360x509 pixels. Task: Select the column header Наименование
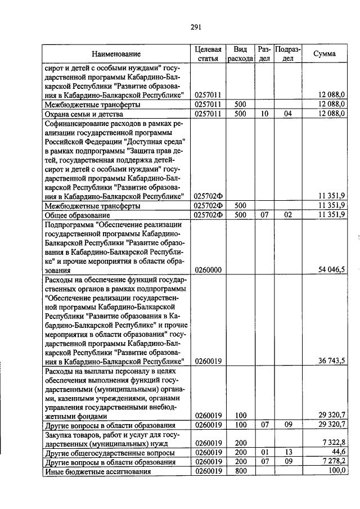click(116, 54)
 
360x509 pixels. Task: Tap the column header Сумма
click(325, 54)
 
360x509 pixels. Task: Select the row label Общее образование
click(77, 215)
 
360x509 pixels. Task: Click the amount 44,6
click(338, 452)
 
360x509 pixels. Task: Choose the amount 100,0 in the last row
click(336, 471)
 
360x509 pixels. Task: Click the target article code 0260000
click(208, 270)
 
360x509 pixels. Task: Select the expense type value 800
click(241, 471)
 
